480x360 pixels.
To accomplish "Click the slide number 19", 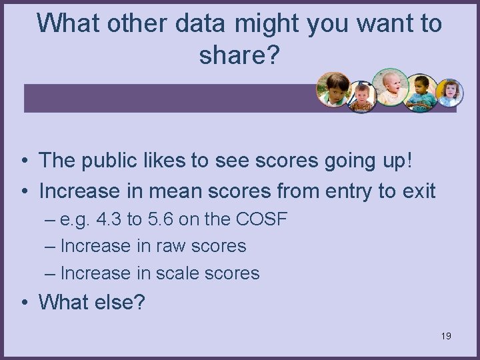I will point(446,336).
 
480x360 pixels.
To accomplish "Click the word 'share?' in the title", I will point(239,56).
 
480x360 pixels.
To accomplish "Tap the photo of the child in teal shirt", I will point(421,93).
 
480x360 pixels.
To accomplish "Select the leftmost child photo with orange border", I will point(334,89).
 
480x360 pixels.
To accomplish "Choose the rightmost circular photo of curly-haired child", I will point(449,93).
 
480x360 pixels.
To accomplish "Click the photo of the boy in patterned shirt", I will point(362,97).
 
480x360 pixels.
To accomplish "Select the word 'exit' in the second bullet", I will point(417,191).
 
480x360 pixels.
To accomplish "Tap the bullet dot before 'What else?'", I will point(24,303).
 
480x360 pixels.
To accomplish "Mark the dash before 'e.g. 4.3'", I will point(50,219).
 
